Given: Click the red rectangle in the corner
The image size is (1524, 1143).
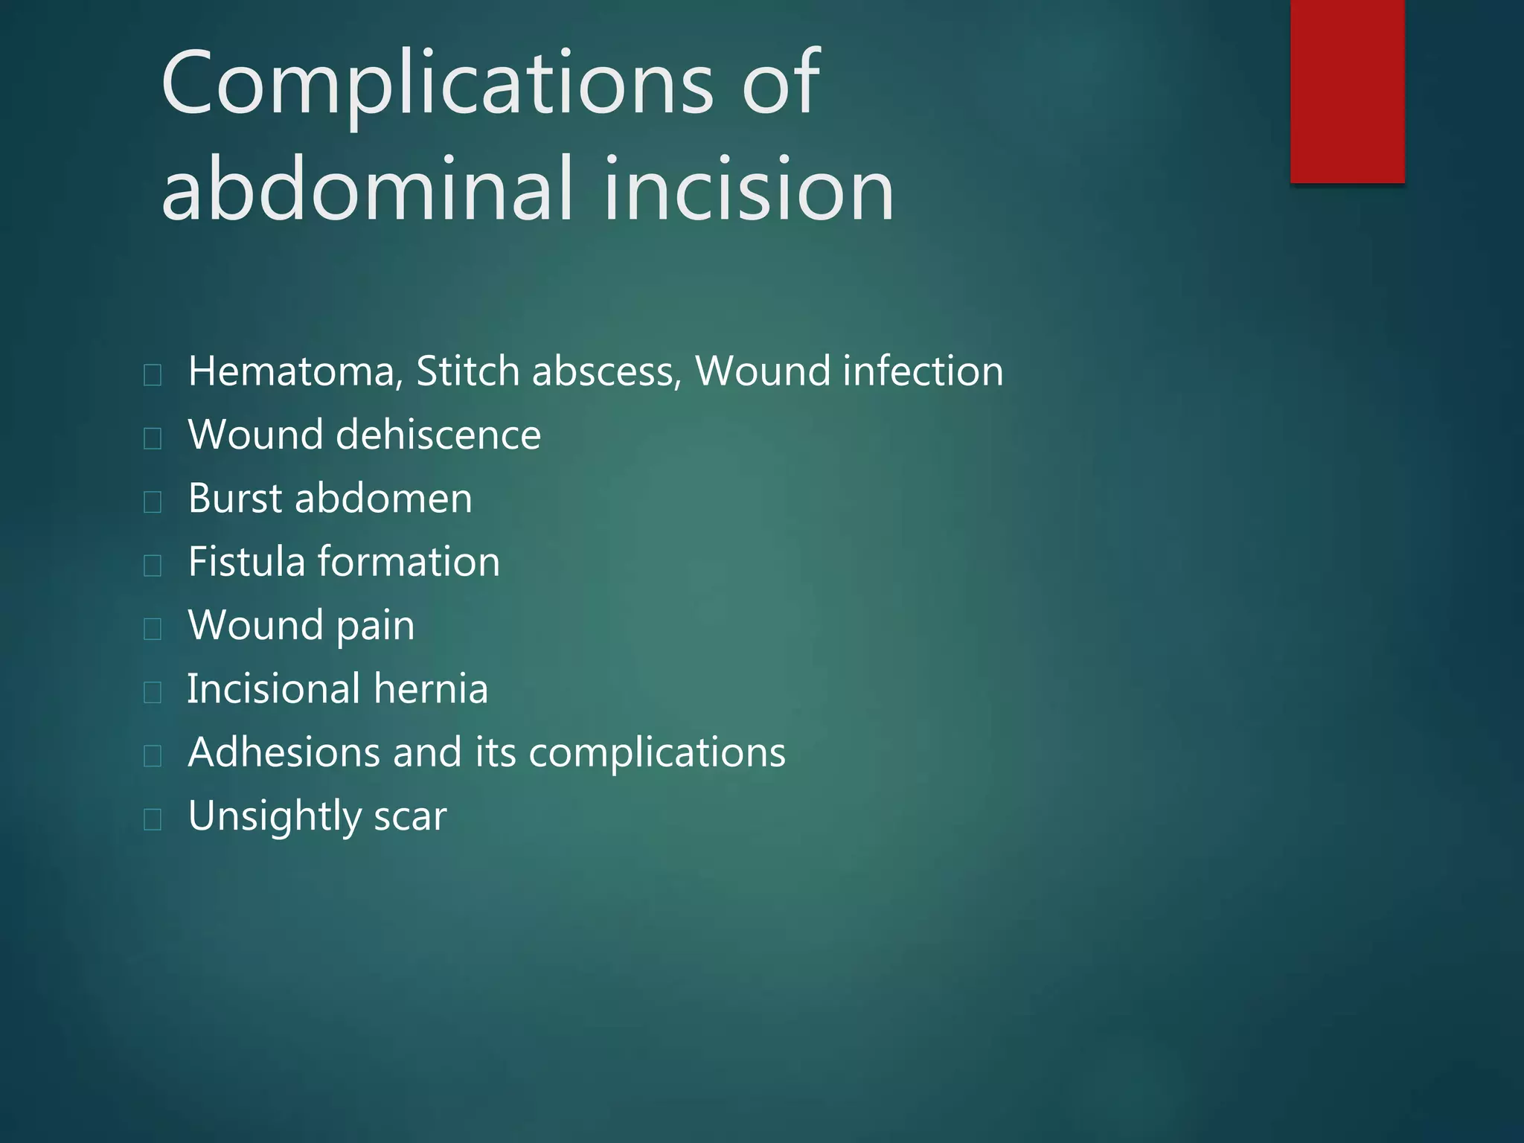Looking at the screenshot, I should [1347, 91].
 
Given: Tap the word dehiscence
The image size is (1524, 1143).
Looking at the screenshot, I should [438, 435].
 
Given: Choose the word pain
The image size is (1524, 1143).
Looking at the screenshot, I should [375, 626].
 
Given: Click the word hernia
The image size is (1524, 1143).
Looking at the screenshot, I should [431, 688].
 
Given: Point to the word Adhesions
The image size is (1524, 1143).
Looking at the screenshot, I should [284, 752].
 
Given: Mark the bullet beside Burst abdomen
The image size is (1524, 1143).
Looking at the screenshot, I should [153, 502].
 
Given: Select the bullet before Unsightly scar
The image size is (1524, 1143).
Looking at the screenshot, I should [153, 819].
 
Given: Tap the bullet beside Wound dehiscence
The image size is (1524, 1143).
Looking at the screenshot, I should [153, 438].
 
